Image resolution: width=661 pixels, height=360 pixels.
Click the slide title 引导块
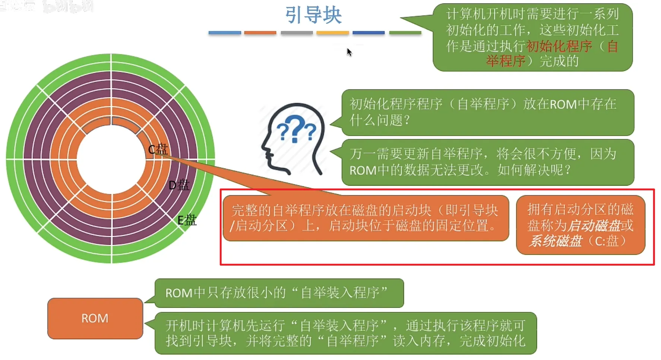(313, 15)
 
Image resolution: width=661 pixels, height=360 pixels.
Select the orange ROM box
(95, 318)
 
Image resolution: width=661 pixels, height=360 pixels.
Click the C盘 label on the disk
(158, 149)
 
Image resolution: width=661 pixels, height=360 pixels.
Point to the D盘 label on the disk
(179, 185)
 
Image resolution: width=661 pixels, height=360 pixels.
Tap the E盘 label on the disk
(187, 220)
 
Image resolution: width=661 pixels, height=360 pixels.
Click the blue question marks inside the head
(296, 129)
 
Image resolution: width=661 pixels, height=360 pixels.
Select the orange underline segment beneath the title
(260, 33)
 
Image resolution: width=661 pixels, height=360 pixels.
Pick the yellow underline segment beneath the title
(332, 33)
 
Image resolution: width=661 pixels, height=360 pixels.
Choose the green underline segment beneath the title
(405, 33)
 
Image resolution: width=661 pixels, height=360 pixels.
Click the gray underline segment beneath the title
(297, 33)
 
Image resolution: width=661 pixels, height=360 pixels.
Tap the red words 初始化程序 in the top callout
(559, 46)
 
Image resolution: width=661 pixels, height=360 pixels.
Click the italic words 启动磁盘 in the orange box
(594, 225)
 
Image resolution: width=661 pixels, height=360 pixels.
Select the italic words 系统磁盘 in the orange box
(556, 241)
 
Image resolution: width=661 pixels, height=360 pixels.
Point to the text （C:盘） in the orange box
(607, 241)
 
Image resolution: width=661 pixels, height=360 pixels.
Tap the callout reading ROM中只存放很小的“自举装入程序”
(279, 293)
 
